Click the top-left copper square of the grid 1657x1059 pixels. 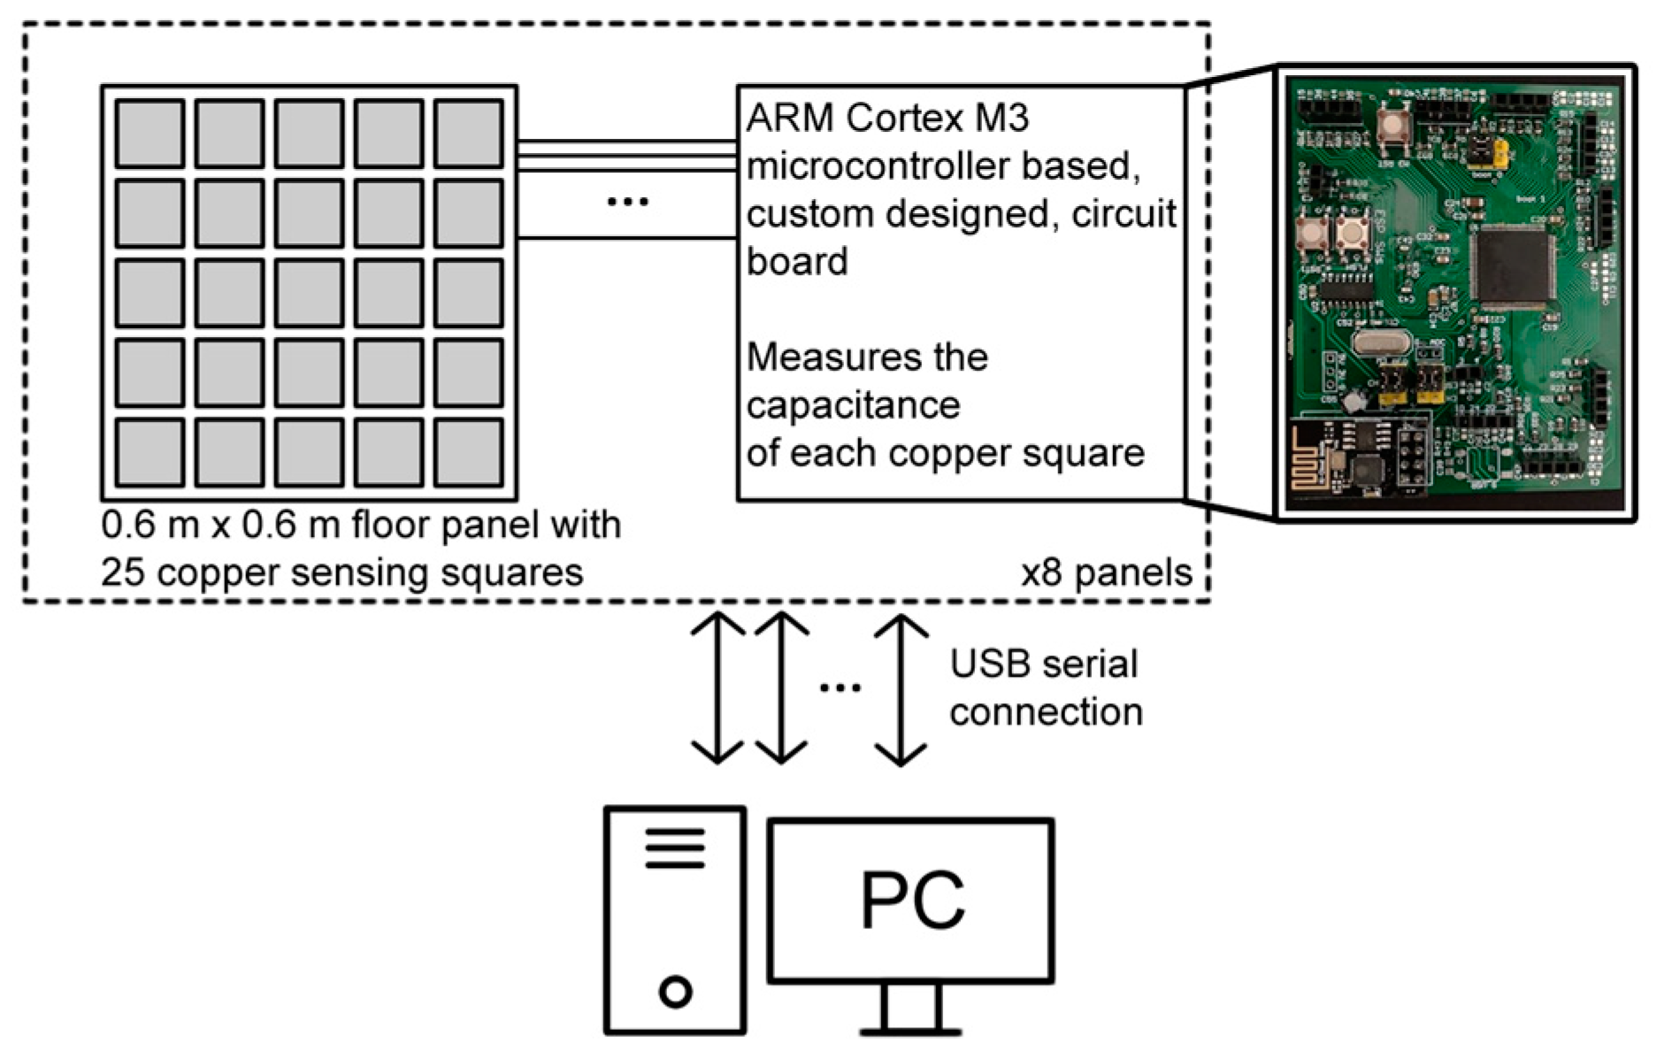tap(150, 133)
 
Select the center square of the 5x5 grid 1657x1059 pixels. tap(309, 293)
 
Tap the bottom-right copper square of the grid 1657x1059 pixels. tap(468, 452)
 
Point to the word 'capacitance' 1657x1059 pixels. tap(853, 405)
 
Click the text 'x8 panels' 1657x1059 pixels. tap(1107, 573)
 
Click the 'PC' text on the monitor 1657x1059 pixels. tap(912, 901)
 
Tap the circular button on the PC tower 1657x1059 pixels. tap(675, 991)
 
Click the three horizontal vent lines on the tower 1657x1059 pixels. tap(675, 848)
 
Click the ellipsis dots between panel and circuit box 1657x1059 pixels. tap(627, 203)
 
